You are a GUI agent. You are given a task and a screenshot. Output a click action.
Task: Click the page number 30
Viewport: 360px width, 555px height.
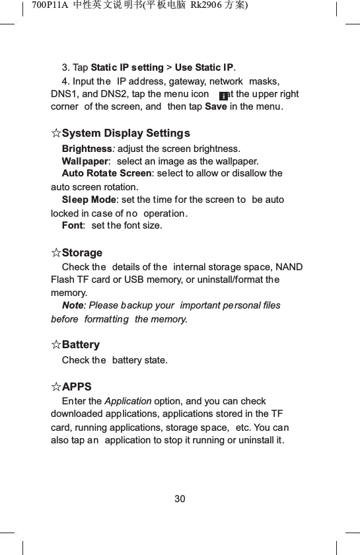pos(180,498)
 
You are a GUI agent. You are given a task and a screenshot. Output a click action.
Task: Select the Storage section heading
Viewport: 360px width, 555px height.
pos(82,253)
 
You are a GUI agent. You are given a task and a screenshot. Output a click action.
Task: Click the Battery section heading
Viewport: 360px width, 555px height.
pos(81,345)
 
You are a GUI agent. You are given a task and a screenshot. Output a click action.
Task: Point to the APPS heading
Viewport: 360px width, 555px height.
pos(77,387)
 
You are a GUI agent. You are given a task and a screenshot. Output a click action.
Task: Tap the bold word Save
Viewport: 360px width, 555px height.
pos(216,108)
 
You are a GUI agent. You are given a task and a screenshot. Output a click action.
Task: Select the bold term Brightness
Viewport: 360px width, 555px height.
pos(86,148)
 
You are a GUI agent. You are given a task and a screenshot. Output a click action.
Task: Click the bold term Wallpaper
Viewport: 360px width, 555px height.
pos(85,161)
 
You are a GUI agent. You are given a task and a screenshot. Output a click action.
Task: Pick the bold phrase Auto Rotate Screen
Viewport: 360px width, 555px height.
pos(106,173)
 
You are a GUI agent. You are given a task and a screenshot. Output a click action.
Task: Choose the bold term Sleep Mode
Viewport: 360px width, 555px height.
pos(89,200)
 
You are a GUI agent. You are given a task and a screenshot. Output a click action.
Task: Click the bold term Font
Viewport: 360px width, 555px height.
pos(72,226)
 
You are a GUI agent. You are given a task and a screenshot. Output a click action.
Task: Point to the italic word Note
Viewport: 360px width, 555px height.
pos(72,305)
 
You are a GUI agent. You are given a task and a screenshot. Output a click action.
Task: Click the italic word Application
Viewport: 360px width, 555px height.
pos(127,401)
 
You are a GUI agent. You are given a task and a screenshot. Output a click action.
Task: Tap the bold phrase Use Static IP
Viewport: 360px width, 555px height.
pos(204,67)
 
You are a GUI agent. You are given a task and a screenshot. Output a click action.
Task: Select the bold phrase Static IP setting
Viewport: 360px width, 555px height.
pos(127,67)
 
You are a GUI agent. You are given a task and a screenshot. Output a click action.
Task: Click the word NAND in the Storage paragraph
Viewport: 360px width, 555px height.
pos(291,267)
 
